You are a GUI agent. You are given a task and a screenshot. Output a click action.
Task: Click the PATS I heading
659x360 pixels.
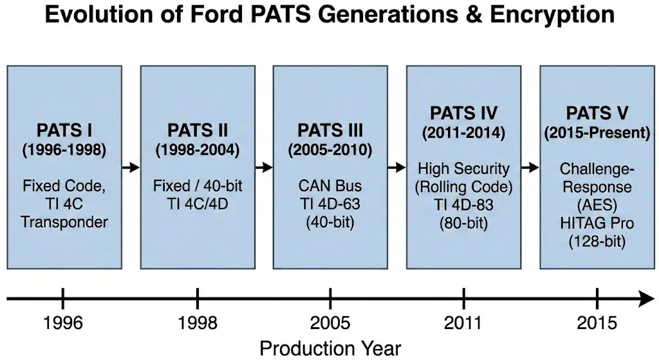point(64,131)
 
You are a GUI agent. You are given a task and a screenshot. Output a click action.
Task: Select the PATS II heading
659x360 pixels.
point(198,131)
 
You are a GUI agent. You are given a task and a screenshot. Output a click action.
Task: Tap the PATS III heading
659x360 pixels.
point(331,131)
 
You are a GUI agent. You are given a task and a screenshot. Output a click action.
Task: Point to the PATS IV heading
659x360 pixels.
point(463,113)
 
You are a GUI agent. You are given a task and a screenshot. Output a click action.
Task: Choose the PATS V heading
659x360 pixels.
point(597,114)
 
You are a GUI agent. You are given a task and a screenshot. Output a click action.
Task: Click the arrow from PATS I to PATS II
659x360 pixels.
point(131,167)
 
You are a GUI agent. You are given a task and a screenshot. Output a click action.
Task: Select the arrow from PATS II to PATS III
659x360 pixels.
point(264,167)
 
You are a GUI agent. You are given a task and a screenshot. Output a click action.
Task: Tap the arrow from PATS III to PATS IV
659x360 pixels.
point(396,167)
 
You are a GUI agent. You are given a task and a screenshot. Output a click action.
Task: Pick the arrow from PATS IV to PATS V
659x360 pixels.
point(530,167)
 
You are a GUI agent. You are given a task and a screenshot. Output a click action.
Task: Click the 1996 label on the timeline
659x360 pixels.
point(63,323)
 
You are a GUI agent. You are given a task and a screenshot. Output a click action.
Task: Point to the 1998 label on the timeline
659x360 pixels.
point(197,323)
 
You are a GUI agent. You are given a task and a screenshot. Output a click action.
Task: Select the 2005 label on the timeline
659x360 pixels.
point(330,323)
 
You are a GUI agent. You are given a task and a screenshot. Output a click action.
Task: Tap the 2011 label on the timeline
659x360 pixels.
point(464,323)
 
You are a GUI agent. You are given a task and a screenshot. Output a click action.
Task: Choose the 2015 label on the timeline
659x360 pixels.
point(597,323)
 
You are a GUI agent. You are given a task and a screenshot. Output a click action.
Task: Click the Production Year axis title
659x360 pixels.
point(330,348)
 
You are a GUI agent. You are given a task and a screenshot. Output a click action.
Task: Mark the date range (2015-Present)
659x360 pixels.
point(597,134)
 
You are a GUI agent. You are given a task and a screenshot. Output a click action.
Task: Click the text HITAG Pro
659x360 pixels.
point(597,223)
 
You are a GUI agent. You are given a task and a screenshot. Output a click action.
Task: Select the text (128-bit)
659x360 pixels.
point(597,242)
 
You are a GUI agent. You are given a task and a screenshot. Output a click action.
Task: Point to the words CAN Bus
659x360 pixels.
point(330,186)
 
